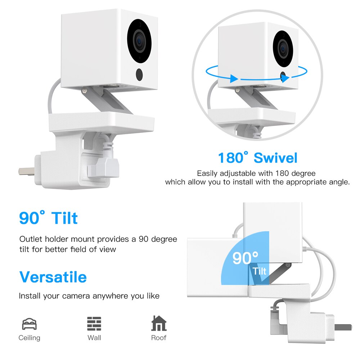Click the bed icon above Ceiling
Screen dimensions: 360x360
pyautogui.click(x=29, y=324)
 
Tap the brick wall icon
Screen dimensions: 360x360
pyautogui.click(x=94, y=324)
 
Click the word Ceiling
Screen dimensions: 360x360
pyautogui.click(x=29, y=338)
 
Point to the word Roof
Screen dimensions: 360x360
pyautogui.click(x=158, y=338)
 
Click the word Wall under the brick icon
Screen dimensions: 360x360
pyautogui.click(x=94, y=338)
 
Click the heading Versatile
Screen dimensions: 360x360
pyautogui.click(x=53, y=277)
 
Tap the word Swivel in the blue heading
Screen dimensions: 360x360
pyautogui.click(x=275, y=158)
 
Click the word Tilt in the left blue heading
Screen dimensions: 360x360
pyautogui.click(x=64, y=218)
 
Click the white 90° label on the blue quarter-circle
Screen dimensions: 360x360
pyautogui.click(x=245, y=258)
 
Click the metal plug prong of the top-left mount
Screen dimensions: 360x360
pyautogui.click(x=26, y=172)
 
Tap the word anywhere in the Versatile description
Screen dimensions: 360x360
pyautogui.click(x=108, y=296)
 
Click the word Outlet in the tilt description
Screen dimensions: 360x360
pyautogui.click(x=32, y=239)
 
